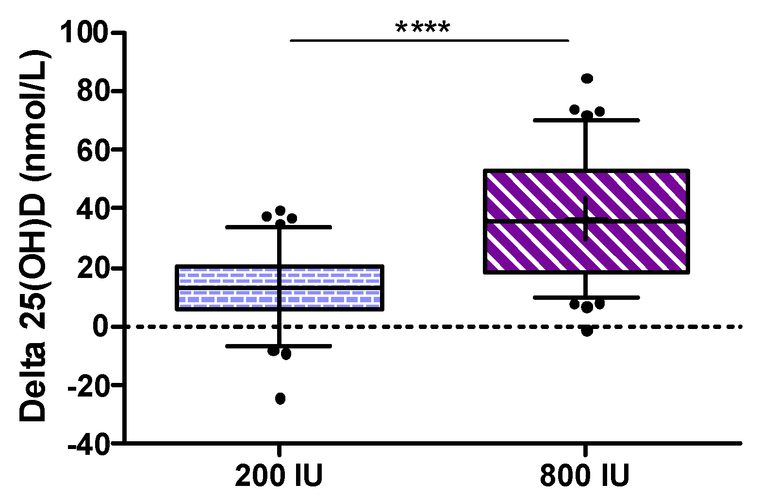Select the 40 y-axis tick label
point(92,208)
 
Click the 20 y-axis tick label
point(92,268)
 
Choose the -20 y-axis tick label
point(87,385)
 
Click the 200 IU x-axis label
point(279,476)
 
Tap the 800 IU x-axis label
point(585,476)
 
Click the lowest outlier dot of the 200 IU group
point(280,398)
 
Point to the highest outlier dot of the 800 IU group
point(587,78)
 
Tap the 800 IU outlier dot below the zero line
point(587,331)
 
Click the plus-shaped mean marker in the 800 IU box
point(586,219)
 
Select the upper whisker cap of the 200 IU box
point(279,227)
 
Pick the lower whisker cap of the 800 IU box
point(586,297)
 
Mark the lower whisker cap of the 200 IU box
point(279,346)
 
